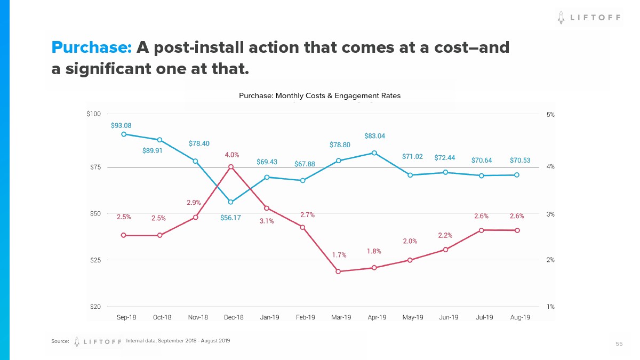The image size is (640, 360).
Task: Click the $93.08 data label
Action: tap(121, 126)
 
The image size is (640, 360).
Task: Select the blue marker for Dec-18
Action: tap(230, 202)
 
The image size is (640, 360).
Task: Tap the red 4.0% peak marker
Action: tap(231, 167)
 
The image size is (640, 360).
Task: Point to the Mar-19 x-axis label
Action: tap(341, 317)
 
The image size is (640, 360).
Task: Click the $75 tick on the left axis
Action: tap(93, 167)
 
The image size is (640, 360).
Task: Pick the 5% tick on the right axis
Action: tap(550, 114)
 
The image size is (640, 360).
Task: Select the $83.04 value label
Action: tap(374, 136)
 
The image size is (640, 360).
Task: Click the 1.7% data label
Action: tap(339, 255)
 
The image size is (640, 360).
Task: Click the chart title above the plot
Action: tap(319, 96)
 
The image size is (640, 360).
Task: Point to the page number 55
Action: tap(619, 344)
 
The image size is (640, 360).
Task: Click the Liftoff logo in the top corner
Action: tap(589, 18)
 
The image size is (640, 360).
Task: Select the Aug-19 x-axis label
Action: tap(520, 317)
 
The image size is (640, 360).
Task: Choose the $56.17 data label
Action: tap(230, 218)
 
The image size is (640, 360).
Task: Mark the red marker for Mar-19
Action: tap(338, 271)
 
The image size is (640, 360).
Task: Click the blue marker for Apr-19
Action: tap(374, 153)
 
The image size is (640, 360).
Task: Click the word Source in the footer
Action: tap(60, 341)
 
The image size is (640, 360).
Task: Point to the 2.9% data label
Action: tap(194, 203)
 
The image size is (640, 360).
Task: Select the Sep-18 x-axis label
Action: tap(126, 317)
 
